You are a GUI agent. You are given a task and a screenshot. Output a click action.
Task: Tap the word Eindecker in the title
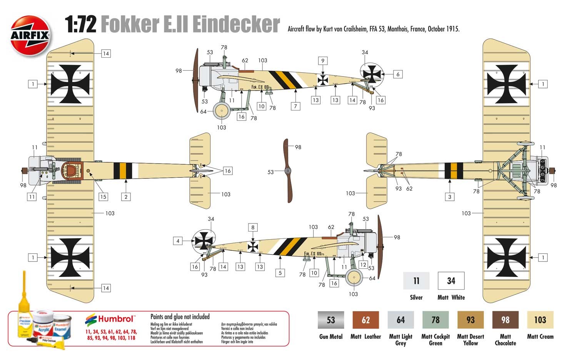click(236, 25)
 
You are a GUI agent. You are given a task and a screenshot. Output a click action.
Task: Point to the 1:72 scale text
click(80, 25)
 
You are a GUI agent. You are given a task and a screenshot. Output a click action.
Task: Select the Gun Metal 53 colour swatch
click(330, 320)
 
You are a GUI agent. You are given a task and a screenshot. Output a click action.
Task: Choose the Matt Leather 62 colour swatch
click(365, 320)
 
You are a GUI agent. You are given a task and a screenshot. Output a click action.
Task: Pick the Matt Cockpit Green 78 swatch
click(435, 320)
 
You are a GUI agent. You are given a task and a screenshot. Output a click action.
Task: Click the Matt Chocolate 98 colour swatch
click(505, 320)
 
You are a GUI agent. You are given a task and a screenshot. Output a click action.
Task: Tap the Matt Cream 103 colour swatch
click(540, 320)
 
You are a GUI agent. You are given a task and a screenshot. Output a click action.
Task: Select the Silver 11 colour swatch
click(416, 281)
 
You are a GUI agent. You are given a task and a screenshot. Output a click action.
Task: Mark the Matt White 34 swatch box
click(451, 281)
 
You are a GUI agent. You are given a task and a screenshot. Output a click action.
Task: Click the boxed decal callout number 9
click(323, 61)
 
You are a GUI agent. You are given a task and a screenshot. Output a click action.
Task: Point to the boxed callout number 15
click(103, 197)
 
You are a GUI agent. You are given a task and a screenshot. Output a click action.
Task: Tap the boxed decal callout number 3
click(450, 197)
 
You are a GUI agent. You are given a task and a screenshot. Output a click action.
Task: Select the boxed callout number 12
click(363, 265)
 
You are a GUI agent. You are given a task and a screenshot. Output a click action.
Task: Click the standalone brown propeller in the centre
click(288, 171)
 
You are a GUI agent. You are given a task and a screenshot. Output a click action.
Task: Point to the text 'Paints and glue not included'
click(180, 317)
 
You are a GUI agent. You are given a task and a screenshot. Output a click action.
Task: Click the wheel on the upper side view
click(222, 111)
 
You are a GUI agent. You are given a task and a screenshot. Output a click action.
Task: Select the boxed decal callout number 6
click(398, 74)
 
